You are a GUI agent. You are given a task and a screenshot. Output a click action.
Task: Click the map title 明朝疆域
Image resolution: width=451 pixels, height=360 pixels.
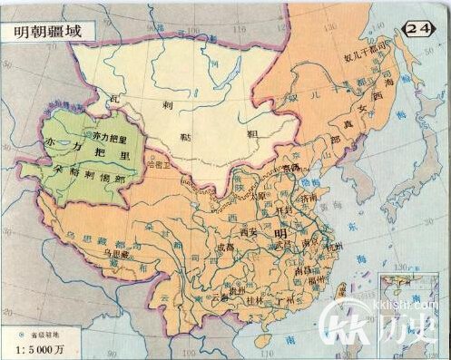41,29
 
